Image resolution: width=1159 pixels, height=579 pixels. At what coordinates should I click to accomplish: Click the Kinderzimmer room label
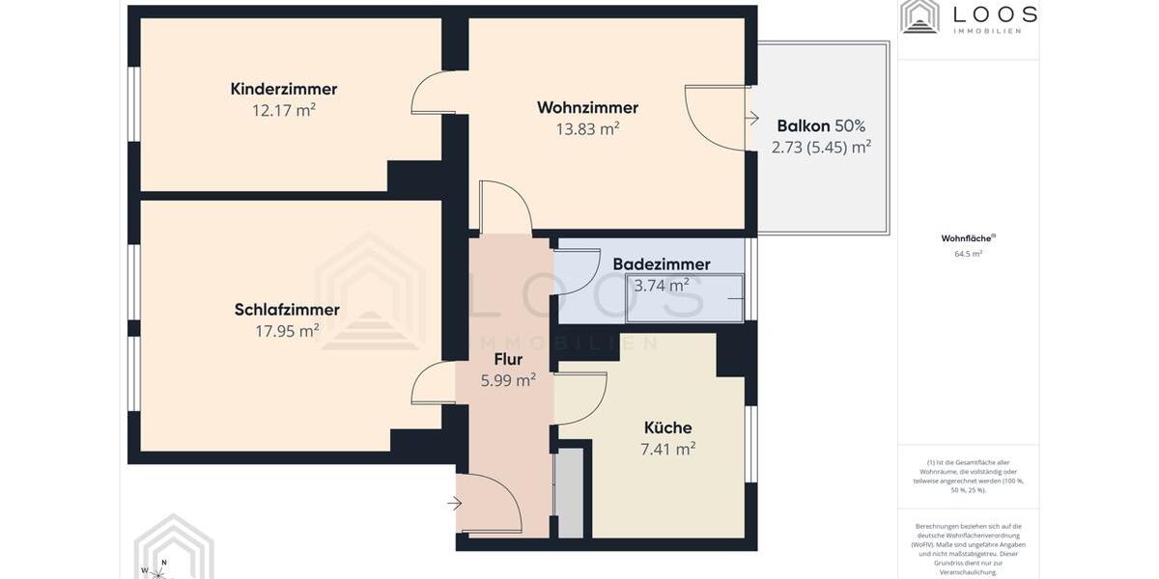[x=283, y=89]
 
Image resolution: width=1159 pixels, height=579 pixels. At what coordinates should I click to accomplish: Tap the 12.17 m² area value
[x=283, y=110]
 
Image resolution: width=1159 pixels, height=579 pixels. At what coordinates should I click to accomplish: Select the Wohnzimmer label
[x=587, y=107]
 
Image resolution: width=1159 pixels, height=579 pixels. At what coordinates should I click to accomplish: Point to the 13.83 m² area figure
[x=587, y=128]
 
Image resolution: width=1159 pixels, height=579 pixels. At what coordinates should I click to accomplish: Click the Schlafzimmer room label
[x=287, y=310]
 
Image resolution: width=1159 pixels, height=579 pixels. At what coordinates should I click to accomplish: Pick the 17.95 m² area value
[x=287, y=331]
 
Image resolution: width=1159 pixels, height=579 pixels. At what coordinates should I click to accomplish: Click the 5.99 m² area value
[x=508, y=380]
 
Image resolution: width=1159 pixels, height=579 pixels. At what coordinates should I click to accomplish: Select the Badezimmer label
[x=662, y=264]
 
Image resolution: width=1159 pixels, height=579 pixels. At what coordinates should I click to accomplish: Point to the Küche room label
[x=668, y=427]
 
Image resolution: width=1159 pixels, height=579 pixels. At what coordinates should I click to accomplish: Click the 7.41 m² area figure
[x=668, y=449]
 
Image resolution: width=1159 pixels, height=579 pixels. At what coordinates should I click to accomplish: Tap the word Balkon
[x=804, y=125]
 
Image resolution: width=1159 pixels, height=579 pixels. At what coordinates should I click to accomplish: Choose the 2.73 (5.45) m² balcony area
[x=821, y=147]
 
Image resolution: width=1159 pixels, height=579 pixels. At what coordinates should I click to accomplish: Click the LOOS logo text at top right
[x=995, y=14]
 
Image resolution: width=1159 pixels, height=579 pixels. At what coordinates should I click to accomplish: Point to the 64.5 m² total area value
[x=968, y=254]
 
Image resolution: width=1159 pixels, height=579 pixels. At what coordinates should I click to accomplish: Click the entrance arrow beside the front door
[x=455, y=502]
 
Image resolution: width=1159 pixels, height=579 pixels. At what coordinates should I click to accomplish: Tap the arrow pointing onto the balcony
[x=752, y=119]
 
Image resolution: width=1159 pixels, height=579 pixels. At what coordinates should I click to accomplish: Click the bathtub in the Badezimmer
[x=685, y=298]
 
